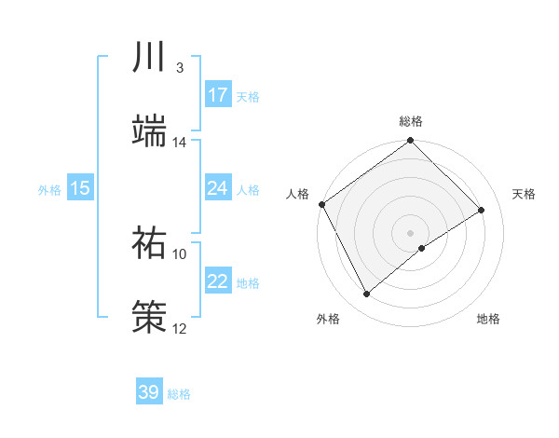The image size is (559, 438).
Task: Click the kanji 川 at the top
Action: point(149,57)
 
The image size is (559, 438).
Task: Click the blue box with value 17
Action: point(218,95)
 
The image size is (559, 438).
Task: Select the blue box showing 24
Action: point(218,188)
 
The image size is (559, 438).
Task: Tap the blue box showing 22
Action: point(218,281)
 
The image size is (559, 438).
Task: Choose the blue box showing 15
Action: point(80,188)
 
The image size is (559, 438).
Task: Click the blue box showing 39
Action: point(149,392)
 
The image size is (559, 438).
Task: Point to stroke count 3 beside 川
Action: point(179,68)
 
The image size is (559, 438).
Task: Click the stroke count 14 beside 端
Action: point(180,143)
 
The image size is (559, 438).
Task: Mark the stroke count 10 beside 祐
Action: point(180,253)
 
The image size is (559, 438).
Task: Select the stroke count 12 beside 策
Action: point(180,328)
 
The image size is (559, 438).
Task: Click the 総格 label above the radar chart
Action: point(411,121)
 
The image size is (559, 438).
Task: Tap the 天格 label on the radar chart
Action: point(524,194)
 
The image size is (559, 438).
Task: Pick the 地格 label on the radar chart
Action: point(488,319)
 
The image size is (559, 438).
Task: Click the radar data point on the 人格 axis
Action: point(321,204)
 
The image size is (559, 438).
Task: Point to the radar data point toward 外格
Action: point(367,294)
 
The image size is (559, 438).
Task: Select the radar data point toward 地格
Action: point(422,248)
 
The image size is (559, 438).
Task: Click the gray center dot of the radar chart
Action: point(410,232)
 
